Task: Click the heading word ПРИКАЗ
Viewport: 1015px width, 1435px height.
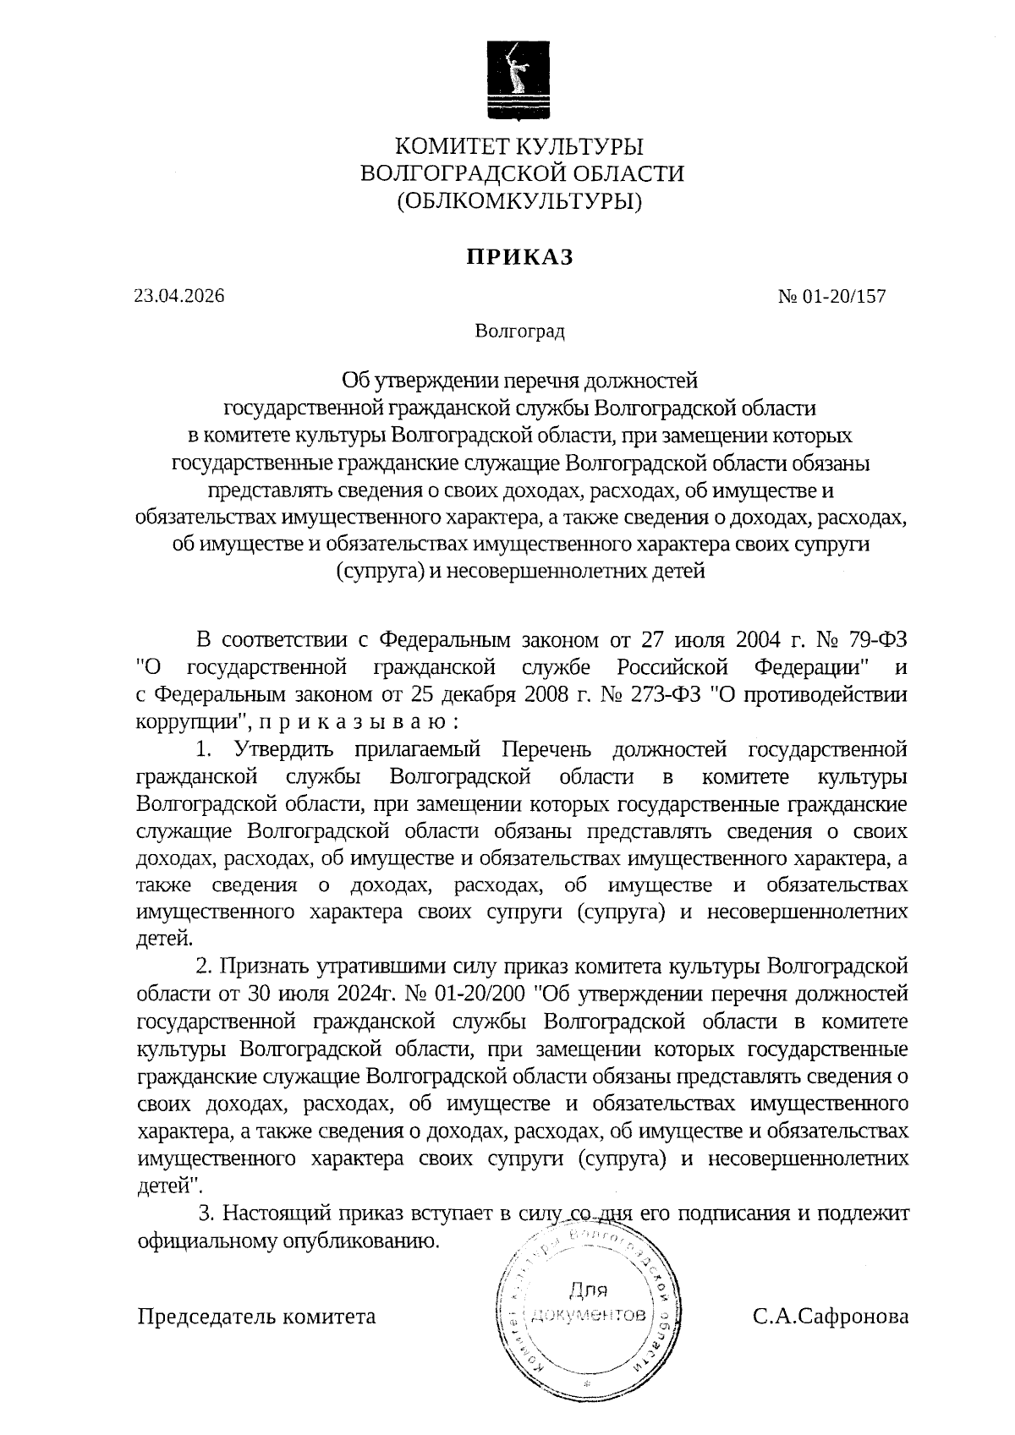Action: coord(520,257)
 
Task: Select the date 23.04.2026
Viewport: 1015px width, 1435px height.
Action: coord(179,296)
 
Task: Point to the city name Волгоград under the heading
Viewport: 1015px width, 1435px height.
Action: coord(519,331)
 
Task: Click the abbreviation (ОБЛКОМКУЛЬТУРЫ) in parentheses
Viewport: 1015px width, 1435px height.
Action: coord(520,201)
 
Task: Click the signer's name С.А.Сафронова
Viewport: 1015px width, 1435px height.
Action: coord(831,1316)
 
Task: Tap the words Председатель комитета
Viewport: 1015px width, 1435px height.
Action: coord(256,1316)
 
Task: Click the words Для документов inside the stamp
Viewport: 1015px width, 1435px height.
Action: coord(590,1303)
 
